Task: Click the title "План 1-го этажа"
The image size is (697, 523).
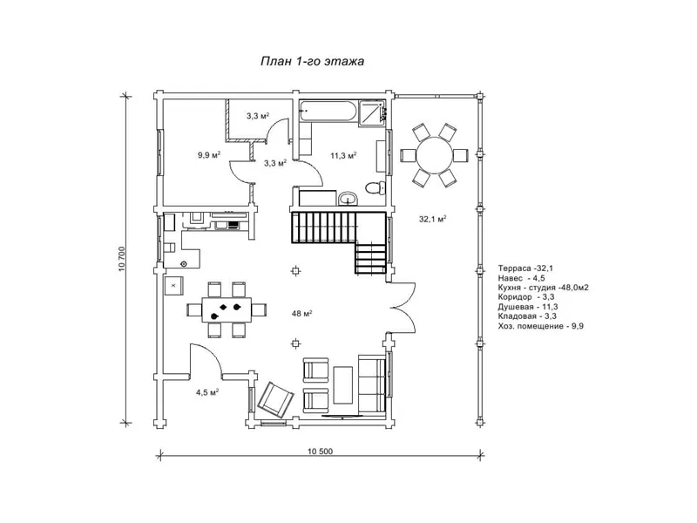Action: (x=312, y=61)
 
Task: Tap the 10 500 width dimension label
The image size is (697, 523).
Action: (x=320, y=452)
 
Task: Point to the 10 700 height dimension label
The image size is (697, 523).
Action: (x=122, y=259)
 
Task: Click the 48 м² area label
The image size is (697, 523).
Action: (x=301, y=314)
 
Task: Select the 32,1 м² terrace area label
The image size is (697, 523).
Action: (x=432, y=219)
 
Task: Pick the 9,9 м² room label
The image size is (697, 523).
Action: (x=209, y=155)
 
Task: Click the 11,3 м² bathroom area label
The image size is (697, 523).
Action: (x=343, y=155)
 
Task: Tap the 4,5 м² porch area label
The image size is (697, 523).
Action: (x=207, y=392)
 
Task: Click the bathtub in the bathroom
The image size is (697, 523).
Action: (x=328, y=111)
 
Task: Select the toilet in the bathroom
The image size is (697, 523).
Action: (x=376, y=187)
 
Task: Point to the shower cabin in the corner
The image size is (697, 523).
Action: (x=371, y=113)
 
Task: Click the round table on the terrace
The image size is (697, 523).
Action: (x=434, y=155)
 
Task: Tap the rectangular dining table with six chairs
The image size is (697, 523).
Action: (x=227, y=309)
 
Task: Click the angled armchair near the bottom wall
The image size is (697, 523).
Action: (x=275, y=400)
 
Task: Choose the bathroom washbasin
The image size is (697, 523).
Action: (x=347, y=199)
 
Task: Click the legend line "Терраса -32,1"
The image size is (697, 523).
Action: (x=525, y=268)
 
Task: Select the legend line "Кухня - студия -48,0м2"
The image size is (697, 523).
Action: (x=543, y=288)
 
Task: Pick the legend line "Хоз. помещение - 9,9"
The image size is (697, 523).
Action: (x=540, y=326)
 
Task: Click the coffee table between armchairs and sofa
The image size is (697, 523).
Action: (x=342, y=385)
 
